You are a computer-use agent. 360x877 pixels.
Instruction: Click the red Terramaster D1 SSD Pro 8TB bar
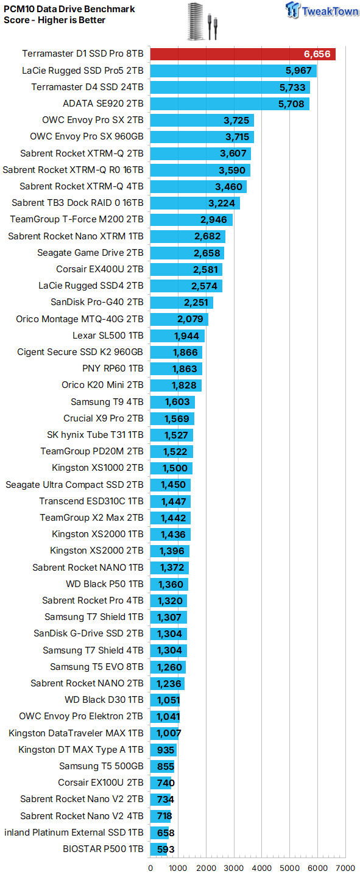[x=242, y=54]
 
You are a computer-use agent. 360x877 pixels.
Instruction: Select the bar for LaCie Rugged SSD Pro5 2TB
[x=233, y=71]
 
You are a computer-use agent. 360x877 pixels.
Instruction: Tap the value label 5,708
[x=291, y=104]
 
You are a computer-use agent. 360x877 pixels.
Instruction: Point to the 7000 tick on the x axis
[x=345, y=868]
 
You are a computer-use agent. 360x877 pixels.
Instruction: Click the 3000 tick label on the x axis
[x=234, y=868]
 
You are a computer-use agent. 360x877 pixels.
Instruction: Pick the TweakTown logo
[x=322, y=10]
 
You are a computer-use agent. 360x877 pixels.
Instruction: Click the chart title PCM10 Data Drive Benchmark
[x=69, y=9]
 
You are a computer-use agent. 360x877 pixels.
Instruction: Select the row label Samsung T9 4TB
[x=107, y=402]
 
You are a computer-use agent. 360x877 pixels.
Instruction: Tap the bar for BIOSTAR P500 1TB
[x=158, y=849]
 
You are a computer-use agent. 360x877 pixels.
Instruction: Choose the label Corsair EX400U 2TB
[x=99, y=269]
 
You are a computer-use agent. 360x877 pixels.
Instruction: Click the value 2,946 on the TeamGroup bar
[x=213, y=220]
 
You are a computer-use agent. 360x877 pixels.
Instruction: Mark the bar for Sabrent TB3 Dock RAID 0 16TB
[x=195, y=203]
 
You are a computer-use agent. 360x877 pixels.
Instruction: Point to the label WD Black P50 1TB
[x=105, y=583]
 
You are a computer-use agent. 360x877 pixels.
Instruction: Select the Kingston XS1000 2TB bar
[x=171, y=468]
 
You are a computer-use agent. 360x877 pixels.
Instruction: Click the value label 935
[x=165, y=750]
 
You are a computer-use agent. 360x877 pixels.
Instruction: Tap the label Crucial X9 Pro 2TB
[x=104, y=418]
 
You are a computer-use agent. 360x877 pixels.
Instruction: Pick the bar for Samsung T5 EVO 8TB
[x=168, y=667]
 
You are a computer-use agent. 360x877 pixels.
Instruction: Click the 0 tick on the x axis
[x=150, y=868]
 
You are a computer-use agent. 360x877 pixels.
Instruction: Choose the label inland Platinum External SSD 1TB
[x=74, y=833]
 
